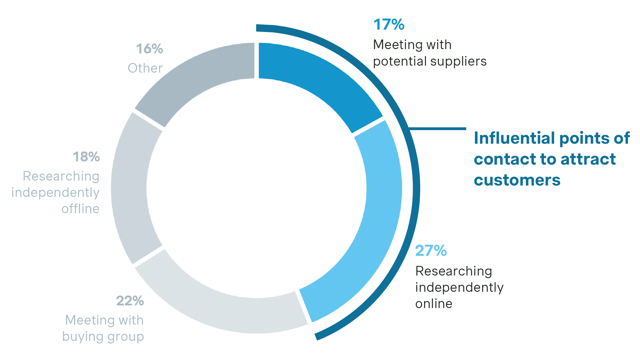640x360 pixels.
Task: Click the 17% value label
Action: tap(389, 24)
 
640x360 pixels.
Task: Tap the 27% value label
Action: tap(431, 251)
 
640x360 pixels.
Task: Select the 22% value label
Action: tap(130, 301)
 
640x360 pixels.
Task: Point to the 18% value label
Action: tap(86, 157)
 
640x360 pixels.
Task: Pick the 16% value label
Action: tap(149, 49)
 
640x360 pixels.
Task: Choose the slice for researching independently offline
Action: tap(131, 189)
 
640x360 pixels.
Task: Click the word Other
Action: tap(145, 68)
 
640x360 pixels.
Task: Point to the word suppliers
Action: tap(458, 61)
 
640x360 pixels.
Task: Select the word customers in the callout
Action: tap(517, 180)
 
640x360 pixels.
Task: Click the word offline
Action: tap(80, 209)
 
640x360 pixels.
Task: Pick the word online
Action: tap(434, 304)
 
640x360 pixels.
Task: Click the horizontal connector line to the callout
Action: tap(437, 128)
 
